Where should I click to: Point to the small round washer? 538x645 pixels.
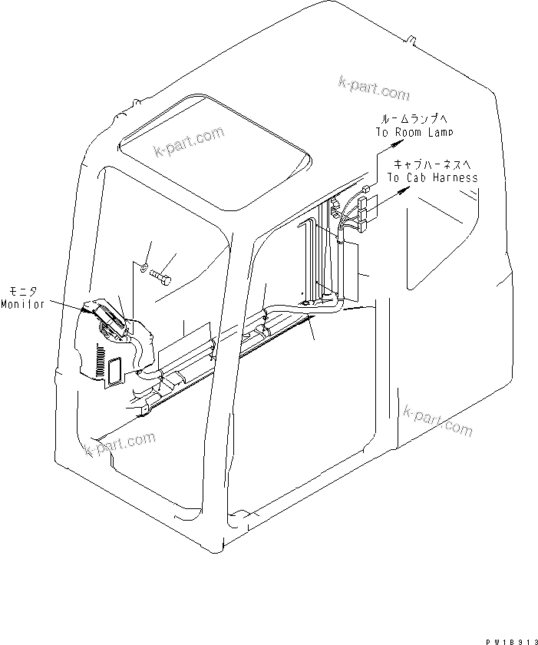coord(144,268)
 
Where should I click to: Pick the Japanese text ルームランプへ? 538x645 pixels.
coord(411,119)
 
